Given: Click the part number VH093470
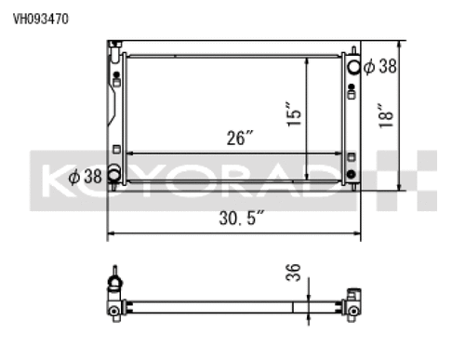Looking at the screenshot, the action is pyautogui.click(x=40, y=20).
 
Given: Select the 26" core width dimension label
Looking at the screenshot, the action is pyautogui.click(x=240, y=138).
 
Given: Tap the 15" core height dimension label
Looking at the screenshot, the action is pyautogui.click(x=294, y=113).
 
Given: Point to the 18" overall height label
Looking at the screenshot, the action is pyautogui.click(x=386, y=115).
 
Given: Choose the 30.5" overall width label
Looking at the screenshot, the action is pyautogui.click(x=241, y=218).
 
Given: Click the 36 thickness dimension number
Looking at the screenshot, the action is pyautogui.click(x=293, y=273).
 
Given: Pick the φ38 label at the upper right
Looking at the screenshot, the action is pyautogui.click(x=380, y=66).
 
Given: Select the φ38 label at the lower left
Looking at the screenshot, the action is pyautogui.click(x=85, y=177).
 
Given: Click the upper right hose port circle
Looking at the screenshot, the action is pyautogui.click(x=353, y=67).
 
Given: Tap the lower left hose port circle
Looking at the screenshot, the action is pyautogui.click(x=113, y=174).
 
